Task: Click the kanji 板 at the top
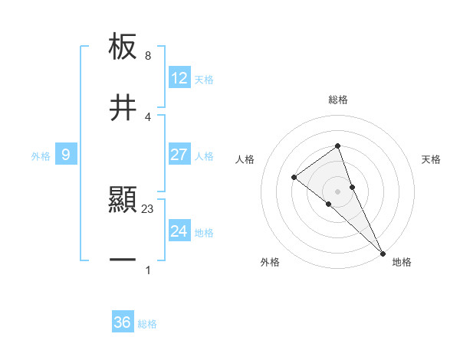tap(123, 47)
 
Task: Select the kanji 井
tap(123, 107)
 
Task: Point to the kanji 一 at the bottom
tap(123, 260)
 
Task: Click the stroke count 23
tap(148, 209)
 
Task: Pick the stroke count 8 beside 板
tap(148, 56)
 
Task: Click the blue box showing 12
tap(179, 78)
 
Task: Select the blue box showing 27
tap(179, 155)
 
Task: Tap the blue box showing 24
tap(179, 231)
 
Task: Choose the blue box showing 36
tap(123, 322)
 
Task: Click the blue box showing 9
tap(66, 155)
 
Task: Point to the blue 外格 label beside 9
tap(41, 155)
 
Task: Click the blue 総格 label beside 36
tap(147, 324)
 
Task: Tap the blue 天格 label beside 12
tap(204, 79)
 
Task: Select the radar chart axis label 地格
tap(402, 262)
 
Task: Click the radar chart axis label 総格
tap(338, 100)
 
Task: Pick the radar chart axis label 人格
tap(245, 159)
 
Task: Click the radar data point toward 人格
tap(294, 178)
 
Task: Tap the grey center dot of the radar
tap(337, 191)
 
